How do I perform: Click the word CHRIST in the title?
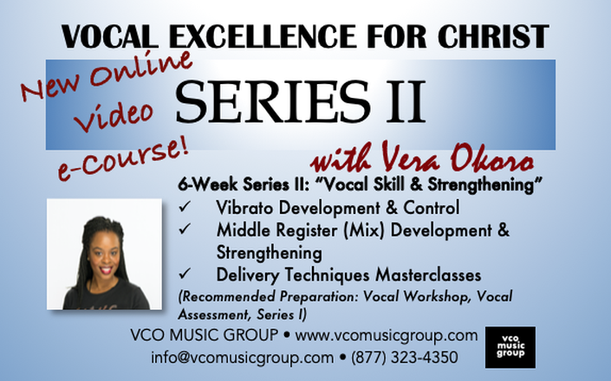493,36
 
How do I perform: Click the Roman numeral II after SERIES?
406,101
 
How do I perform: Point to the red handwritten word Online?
141,67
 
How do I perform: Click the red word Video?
114,115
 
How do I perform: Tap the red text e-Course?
123,158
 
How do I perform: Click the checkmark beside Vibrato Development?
185,207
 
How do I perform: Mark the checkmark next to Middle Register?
185,229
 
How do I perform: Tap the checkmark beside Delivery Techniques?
185,274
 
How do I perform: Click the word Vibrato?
244,208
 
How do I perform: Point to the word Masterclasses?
428,274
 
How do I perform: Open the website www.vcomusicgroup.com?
387,335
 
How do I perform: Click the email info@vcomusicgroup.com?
243,358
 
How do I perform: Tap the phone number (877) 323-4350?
405,358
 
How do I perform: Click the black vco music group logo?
510,347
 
